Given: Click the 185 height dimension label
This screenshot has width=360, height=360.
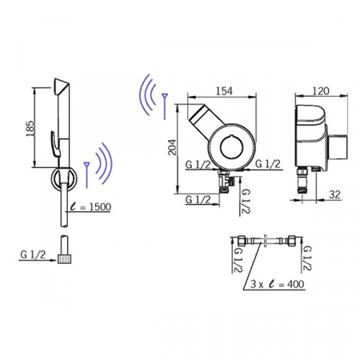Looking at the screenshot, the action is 30,129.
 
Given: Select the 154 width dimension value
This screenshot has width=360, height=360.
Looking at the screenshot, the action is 224,91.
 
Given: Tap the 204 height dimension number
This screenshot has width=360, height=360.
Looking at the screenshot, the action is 172,147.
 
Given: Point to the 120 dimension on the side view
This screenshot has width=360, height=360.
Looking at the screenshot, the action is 320,91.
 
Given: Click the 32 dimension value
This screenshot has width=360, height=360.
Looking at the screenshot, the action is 334,194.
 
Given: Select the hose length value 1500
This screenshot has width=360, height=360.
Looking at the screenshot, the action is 100,207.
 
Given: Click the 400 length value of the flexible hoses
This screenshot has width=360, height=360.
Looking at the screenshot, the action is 295,284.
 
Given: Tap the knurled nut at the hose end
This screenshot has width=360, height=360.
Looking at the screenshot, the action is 65,258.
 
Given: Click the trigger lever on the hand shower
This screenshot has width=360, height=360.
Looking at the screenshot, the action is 55,143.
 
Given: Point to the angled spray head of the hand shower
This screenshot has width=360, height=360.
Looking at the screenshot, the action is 62,86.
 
